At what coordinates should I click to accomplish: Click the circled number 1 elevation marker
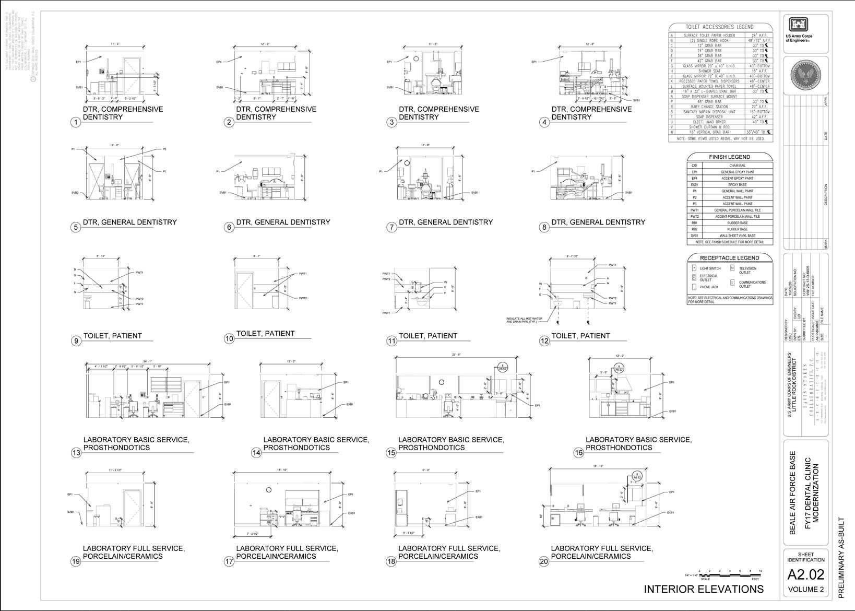(76, 122)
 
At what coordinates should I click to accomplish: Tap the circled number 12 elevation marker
(545, 341)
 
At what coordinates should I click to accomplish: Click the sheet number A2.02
(805, 574)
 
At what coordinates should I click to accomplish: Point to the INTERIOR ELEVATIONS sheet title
(704, 589)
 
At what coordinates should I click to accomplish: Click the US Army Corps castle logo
(799, 25)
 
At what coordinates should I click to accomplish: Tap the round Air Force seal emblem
(805, 75)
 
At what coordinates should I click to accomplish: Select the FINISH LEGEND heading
(729, 157)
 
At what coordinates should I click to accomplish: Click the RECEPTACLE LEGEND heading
(729, 257)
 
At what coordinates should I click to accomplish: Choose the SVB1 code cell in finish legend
(694, 236)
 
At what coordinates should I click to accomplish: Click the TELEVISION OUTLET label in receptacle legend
(747, 271)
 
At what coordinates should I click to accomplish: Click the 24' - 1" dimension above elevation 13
(148, 361)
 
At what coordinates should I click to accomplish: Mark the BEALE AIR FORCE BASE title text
(792, 492)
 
